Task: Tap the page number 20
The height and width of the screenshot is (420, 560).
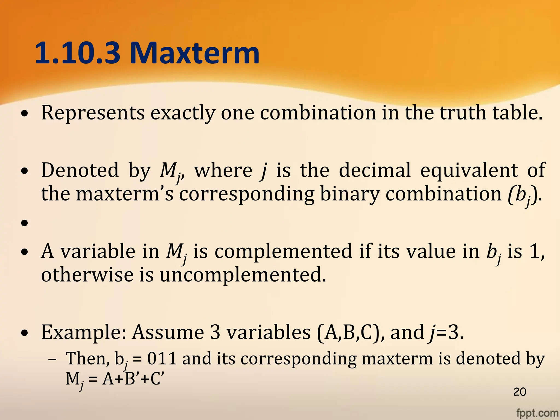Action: tap(520, 392)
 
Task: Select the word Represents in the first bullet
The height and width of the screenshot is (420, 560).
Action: tap(93, 113)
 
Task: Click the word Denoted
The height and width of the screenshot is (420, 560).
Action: tap(80, 170)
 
